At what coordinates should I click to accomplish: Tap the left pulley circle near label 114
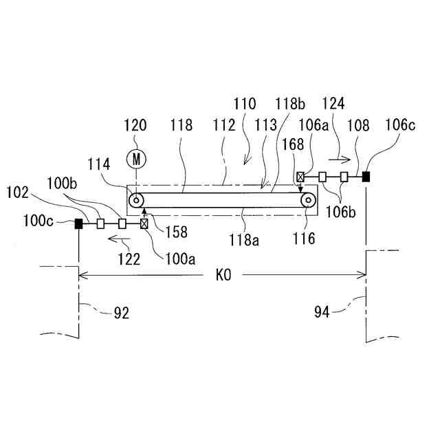point(137,201)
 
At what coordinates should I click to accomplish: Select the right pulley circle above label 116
point(308,201)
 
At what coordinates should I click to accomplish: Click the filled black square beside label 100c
point(79,223)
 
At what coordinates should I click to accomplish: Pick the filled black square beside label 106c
point(366,177)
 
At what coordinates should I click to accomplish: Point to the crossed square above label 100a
point(144,223)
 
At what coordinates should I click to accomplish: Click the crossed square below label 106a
point(300,177)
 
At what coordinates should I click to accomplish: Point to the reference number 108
point(358,126)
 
